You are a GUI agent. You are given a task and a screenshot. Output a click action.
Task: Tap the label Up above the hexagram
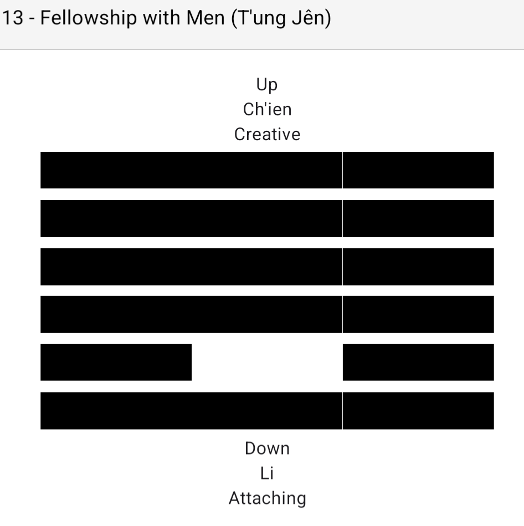(267, 85)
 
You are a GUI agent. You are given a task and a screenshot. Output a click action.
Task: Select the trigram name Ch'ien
(267, 109)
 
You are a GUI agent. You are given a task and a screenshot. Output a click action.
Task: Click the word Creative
(267, 134)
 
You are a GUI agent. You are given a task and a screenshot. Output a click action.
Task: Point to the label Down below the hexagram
(267, 448)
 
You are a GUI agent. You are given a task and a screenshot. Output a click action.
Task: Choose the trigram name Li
(267, 473)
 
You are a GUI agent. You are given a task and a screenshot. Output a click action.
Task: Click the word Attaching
(267, 498)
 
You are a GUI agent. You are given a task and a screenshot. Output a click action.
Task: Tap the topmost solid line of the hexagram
(267, 170)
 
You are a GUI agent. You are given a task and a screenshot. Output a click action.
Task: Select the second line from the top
(267, 218)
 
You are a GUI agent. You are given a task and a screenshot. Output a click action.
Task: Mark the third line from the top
(267, 267)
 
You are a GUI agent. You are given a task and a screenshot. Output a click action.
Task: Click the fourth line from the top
(267, 314)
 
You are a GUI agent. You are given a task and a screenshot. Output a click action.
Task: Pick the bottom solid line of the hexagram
(267, 411)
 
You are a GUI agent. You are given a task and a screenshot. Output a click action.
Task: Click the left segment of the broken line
(116, 362)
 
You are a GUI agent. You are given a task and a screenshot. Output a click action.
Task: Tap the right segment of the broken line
(418, 362)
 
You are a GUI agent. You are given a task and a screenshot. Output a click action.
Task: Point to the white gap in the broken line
(267, 362)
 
